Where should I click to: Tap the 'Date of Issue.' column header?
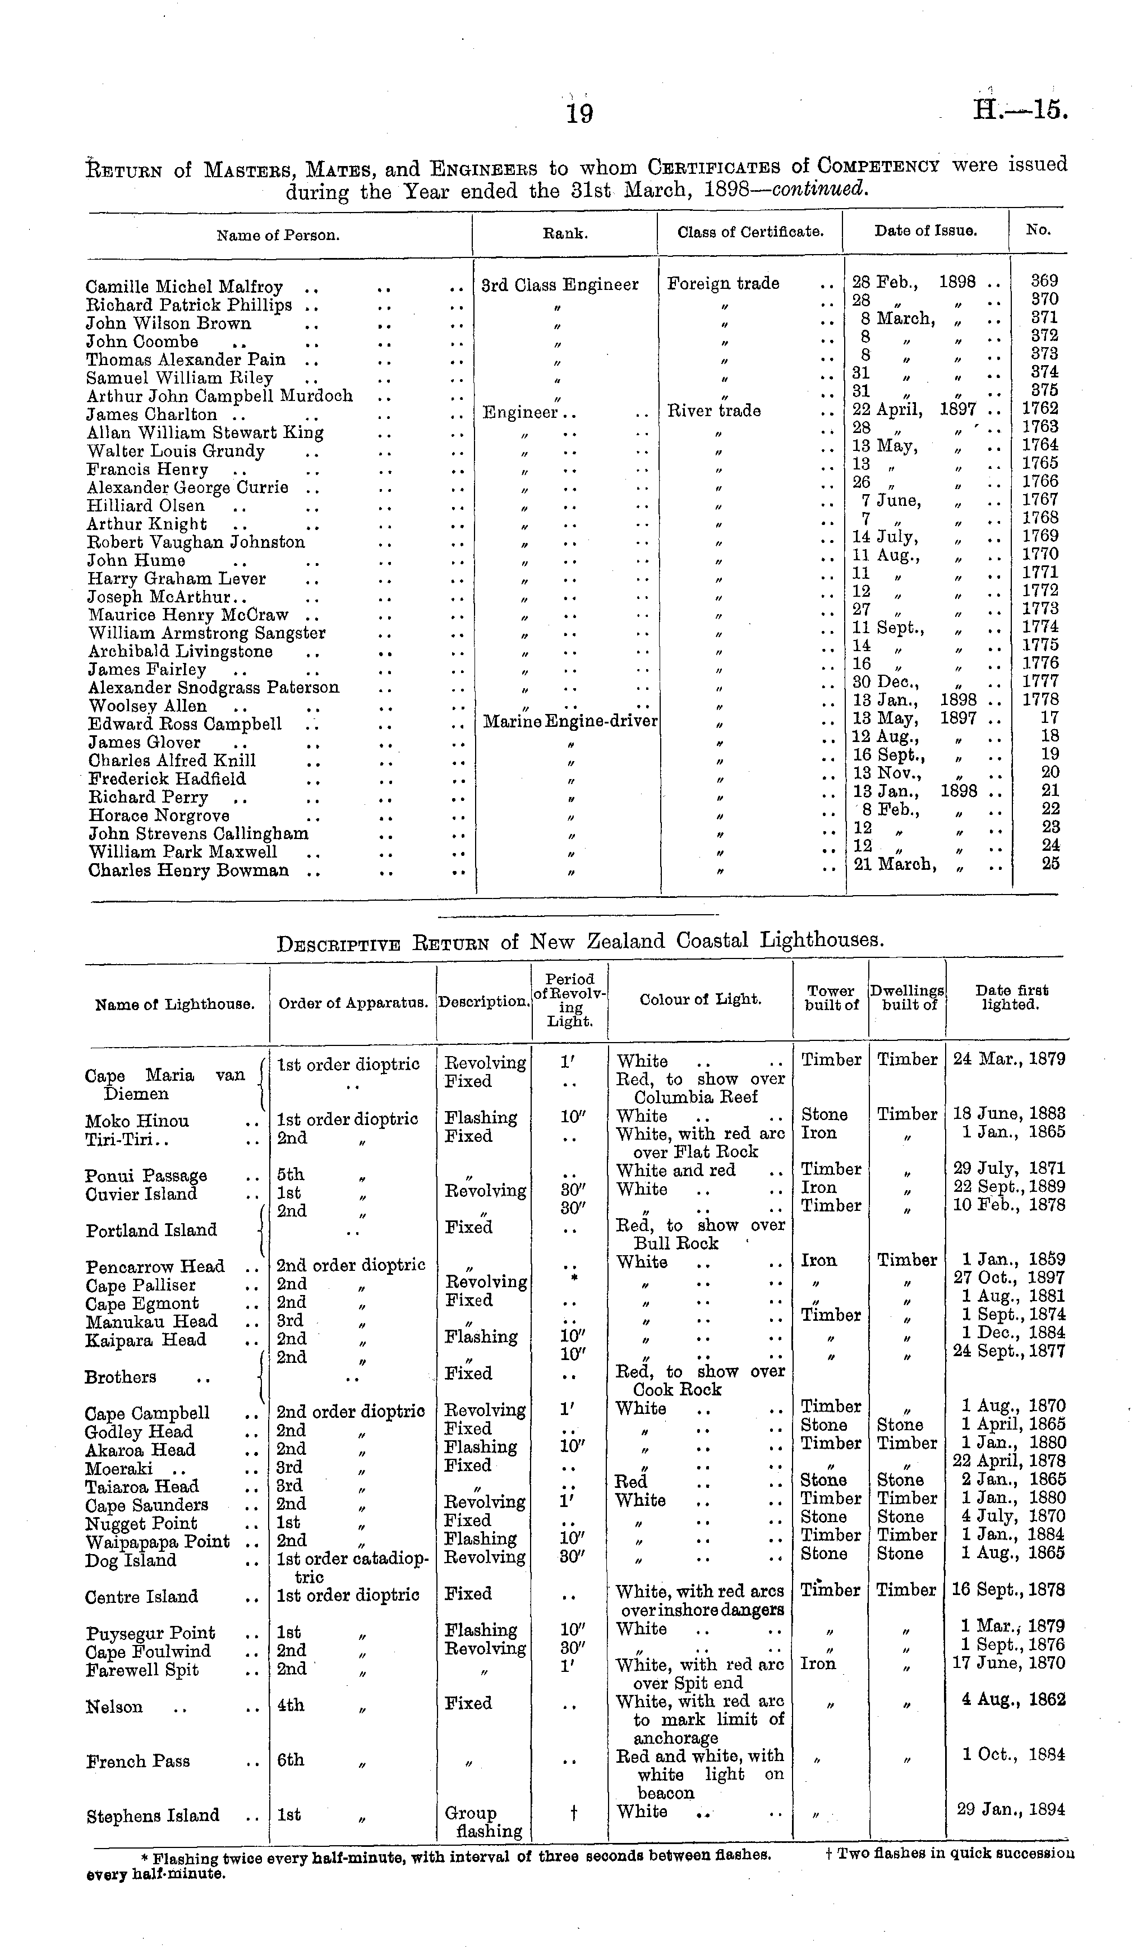pos(925,231)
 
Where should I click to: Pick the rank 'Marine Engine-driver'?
pos(570,722)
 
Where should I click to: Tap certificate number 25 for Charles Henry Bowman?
pos(1050,864)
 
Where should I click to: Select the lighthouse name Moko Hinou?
pos(137,1121)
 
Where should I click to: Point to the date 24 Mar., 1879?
pos(1008,1059)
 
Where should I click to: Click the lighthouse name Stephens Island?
pos(153,1816)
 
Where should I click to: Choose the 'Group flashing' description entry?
pos(482,1822)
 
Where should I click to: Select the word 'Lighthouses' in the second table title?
pos(821,941)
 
